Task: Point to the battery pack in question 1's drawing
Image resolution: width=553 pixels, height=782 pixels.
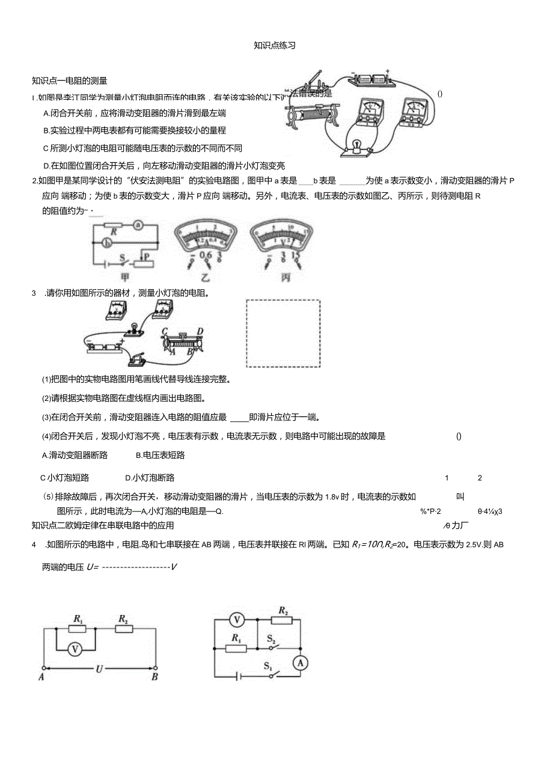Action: click(371, 79)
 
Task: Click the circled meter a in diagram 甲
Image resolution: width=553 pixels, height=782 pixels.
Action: click(138, 225)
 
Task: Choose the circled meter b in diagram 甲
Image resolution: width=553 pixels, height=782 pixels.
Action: click(106, 243)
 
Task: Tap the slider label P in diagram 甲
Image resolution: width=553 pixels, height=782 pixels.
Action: click(145, 255)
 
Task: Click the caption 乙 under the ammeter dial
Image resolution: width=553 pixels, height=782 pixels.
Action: click(206, 277)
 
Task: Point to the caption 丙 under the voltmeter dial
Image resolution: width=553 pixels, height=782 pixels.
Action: click(280, 277)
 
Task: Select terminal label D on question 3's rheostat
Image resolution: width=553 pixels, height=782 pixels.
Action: click(200, 331)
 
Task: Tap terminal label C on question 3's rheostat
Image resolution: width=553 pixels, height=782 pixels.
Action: click(164, 331)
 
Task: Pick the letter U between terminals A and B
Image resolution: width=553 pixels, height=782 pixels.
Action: click(98, 667)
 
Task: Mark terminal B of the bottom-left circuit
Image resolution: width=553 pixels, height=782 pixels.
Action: click(155, 677)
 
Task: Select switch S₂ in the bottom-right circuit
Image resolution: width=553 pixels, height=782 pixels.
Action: click(272, 640)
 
